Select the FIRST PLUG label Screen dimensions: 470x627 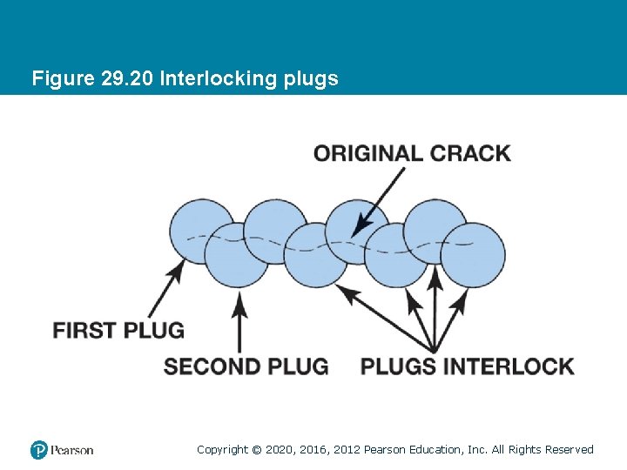118,331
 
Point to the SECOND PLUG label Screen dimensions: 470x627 246,366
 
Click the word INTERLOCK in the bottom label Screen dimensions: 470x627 509,366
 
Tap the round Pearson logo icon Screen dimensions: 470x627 39,450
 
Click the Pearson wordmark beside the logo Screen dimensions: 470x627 71,450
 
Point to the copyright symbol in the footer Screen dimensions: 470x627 256,450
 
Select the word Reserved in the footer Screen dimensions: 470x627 569,450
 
